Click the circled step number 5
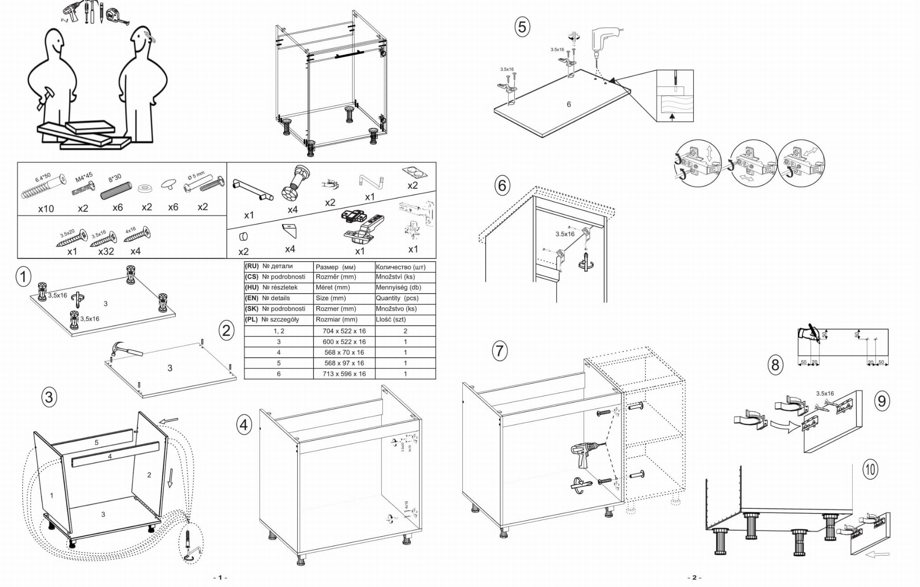(x=522, y=27)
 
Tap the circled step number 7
(x=500, y=350)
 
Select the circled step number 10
(x=870, y=469)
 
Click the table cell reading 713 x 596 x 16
(x=344, y=374)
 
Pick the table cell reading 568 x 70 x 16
(x=344, y=352)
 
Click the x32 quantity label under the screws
(x=106, y=251)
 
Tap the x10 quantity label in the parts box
(x=46, y=209)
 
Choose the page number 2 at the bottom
(x=694, y=578)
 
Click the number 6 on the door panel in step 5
(x=569, y=105)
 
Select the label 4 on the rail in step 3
(x=110, y=456)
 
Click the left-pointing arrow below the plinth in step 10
(x=876, y=554)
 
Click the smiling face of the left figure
(x=55, y=43)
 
